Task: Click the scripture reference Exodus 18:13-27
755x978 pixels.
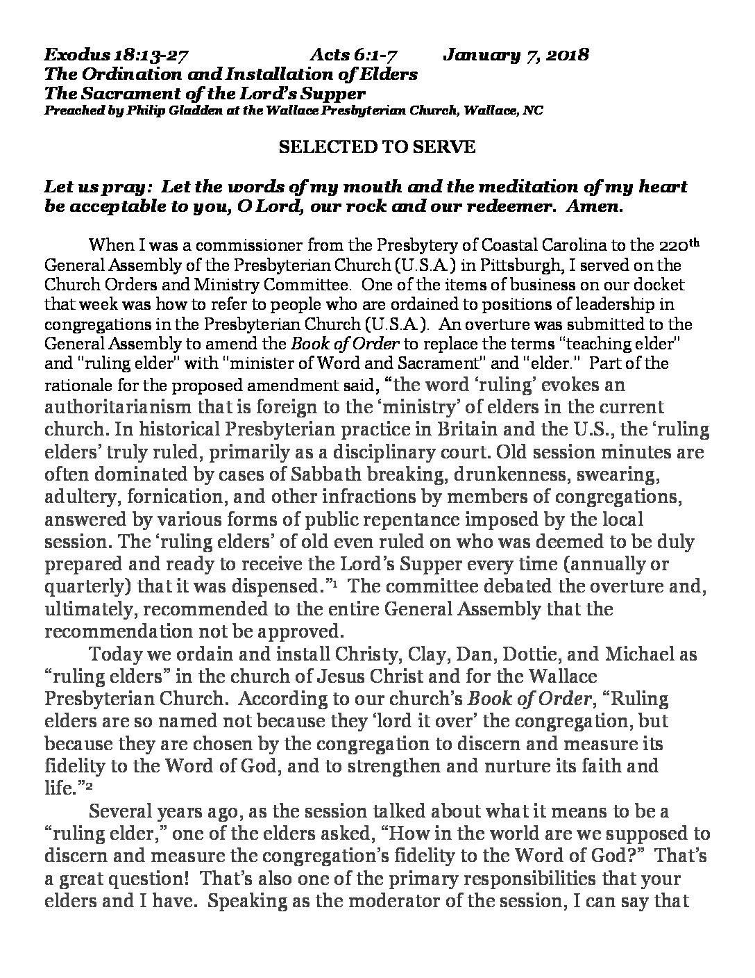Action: point(115,55)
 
